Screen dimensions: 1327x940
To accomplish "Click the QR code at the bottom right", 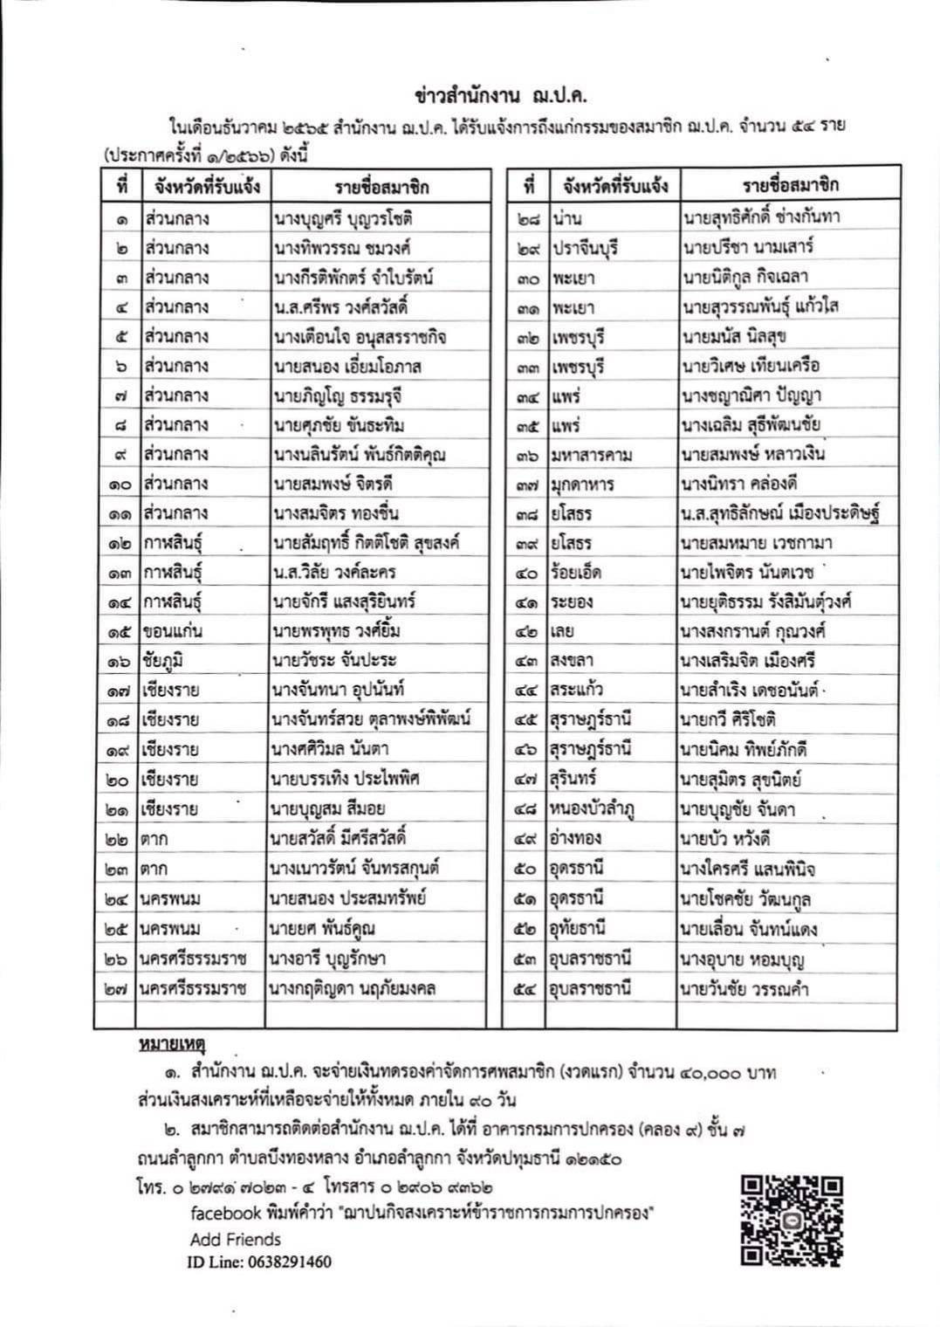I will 792,1220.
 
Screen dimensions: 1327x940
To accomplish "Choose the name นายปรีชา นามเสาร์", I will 748,247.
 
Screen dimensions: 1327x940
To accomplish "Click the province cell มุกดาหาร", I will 583,484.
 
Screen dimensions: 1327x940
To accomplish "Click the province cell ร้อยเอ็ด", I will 576,573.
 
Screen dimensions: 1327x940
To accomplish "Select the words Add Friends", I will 236,1240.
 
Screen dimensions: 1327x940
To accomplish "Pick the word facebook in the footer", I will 226,1213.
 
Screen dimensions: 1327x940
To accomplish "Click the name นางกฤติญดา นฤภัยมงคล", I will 353,988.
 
